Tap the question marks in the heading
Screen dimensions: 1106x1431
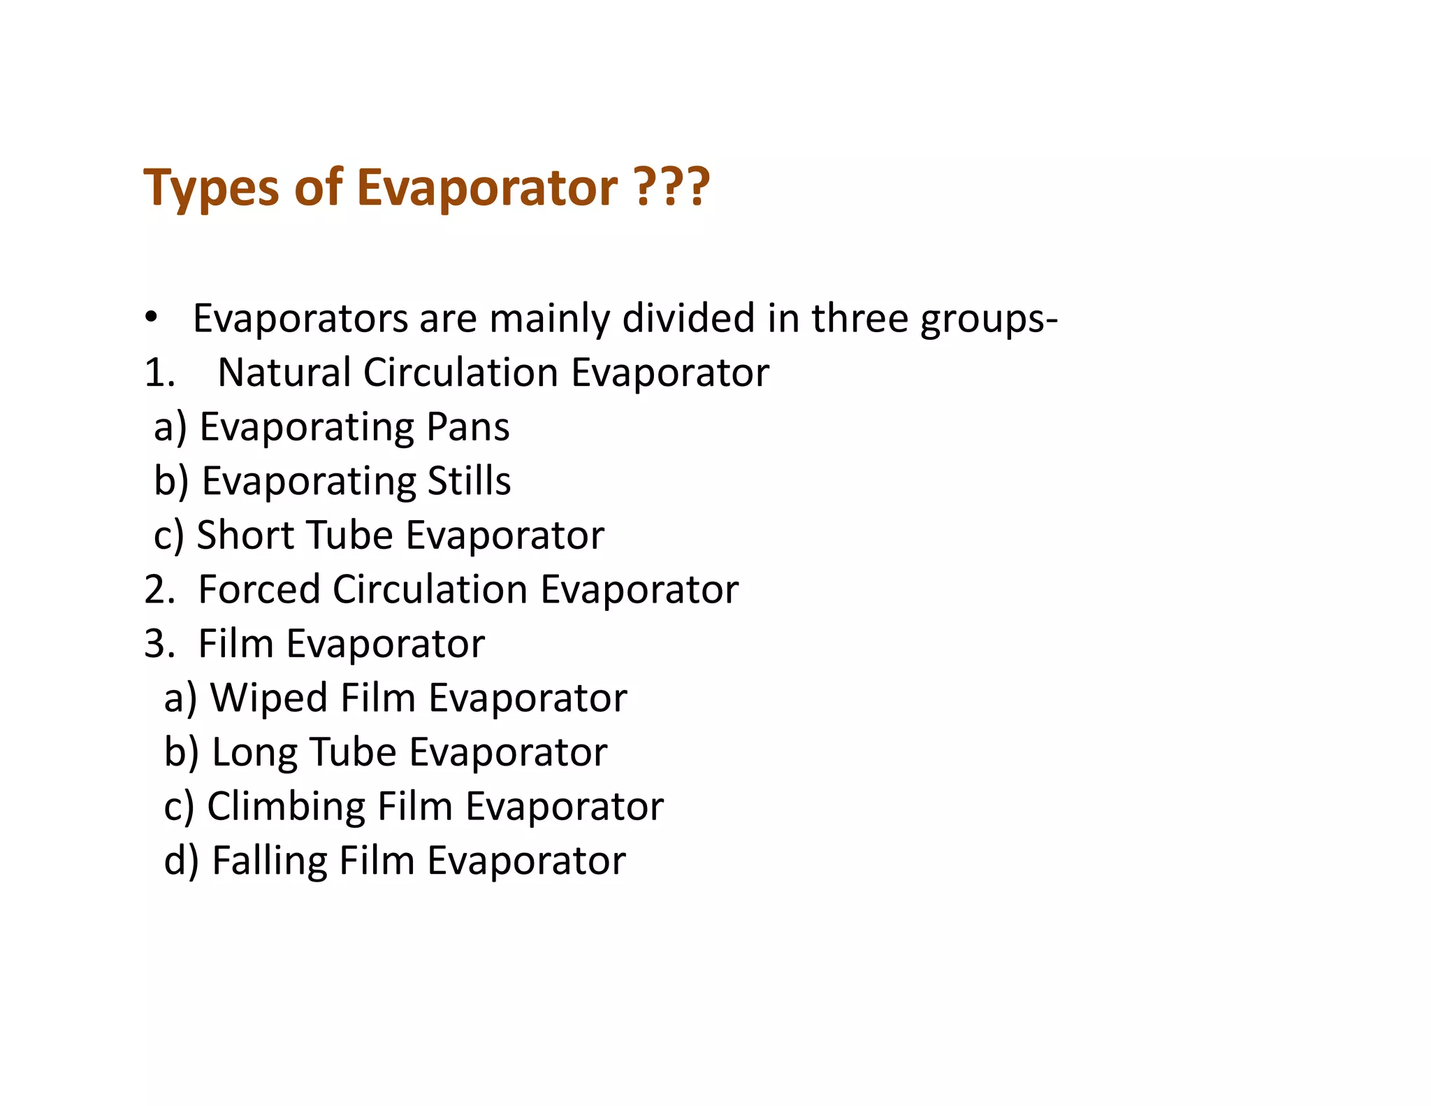[672, 187]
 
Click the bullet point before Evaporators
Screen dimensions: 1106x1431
[151, 319]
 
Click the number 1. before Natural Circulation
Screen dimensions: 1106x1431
[159, 373]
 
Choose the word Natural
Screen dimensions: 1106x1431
[284, 373]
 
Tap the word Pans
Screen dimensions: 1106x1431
[467, 426]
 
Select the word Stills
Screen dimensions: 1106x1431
[469, 481]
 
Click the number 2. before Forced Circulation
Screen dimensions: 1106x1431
[159, 589]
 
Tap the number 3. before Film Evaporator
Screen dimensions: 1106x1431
[159, 644]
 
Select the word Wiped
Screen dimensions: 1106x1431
[269, 698]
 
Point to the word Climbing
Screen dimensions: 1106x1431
[286, 807]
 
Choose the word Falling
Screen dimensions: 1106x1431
[269, 861]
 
